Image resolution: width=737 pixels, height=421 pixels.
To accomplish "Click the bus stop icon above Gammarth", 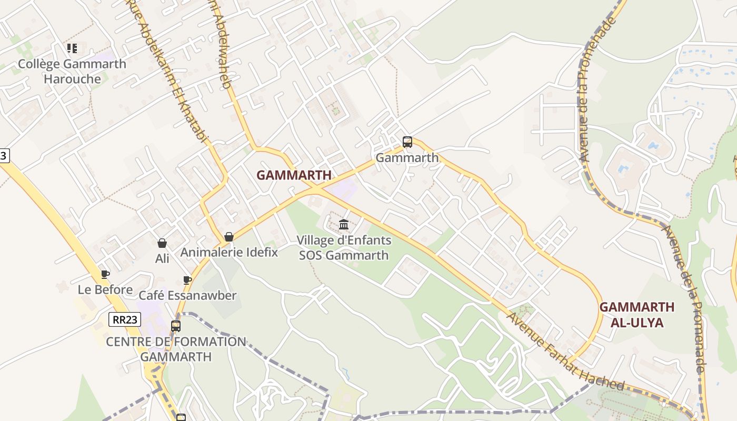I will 407,142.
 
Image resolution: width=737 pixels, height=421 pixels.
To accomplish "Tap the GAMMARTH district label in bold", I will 294,175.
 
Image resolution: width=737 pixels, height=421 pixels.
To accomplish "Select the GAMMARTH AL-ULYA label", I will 636,315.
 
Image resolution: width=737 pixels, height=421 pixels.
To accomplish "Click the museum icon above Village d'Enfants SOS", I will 344,225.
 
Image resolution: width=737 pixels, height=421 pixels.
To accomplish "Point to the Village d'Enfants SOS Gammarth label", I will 344,248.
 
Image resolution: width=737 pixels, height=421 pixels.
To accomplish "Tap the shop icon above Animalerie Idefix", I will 228,237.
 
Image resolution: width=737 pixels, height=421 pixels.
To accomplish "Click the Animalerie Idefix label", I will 229,252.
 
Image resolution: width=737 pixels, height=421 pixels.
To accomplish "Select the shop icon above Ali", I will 162,243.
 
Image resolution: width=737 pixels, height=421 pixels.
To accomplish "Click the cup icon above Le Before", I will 105,274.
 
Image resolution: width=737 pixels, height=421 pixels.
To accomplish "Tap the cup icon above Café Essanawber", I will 187,280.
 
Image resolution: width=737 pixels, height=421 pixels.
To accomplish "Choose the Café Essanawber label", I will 187,295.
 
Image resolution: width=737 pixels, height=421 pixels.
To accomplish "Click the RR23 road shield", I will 125,319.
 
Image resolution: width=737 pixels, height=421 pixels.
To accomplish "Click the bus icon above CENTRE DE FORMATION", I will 176,326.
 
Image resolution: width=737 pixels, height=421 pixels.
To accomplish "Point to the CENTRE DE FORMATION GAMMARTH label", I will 176,349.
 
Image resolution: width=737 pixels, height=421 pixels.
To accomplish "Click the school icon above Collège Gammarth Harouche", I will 72,48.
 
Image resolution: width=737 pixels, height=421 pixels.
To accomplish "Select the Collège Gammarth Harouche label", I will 72,72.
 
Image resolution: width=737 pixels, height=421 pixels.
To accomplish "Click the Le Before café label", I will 105,289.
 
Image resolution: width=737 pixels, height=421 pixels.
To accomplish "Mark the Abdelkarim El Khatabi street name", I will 174,68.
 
